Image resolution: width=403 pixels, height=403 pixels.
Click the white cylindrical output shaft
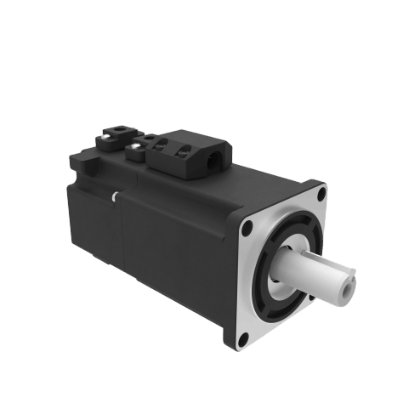(319, 276)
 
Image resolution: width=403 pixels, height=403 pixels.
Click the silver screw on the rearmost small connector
(107, 134)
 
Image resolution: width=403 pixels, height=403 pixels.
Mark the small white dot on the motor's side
(113, 196)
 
